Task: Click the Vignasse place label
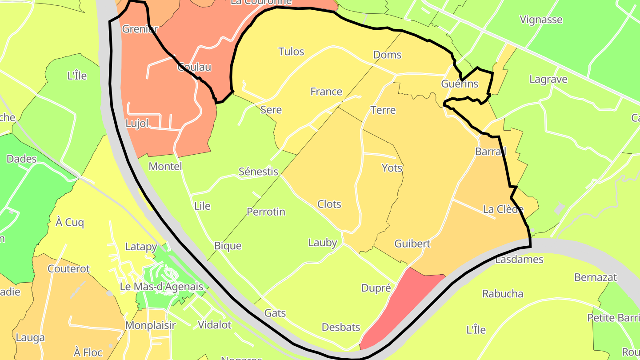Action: tap(541, 20)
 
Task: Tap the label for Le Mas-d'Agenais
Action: tap(161, 287)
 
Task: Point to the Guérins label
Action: tap(460, 84)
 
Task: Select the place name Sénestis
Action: tap(258, 172)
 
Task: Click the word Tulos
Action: tap(291, 52)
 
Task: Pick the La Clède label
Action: tap(503, 209)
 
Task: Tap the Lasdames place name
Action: tap(519, 259)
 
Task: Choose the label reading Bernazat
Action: tap(596, 277)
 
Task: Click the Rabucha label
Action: tap(503, 294)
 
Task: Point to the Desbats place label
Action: tap(341, 328)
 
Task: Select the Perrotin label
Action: tap(266, 212)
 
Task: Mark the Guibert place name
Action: tap(412, 244)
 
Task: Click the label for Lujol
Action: tap(137, 124)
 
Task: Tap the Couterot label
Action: tap(68, 269)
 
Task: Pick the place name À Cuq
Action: tap(70, 222)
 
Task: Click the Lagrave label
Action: tap(548, 80)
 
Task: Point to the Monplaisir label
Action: tap(150, 325)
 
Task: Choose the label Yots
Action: tap(392, 168)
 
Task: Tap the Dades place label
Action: tap(21, 159)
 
